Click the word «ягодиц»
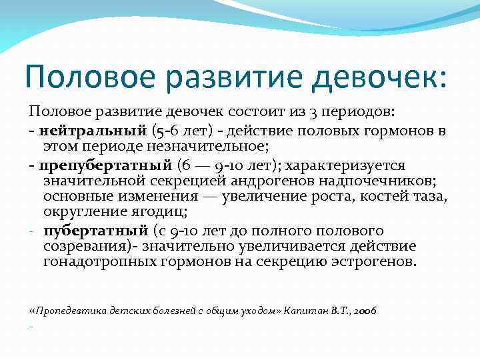click(x=160, y=212)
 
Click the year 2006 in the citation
click(x=365, y=311)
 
